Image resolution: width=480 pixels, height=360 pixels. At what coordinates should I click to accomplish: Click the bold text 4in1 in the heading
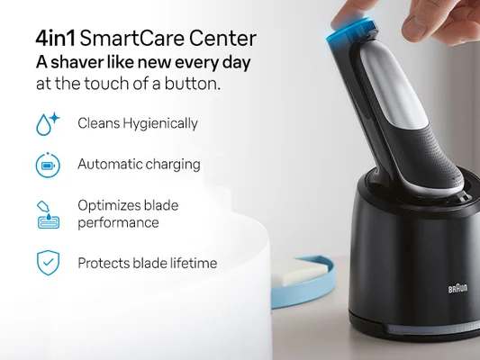[x=56, y=39]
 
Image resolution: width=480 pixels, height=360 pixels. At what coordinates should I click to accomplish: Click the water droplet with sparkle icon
[x=47, y=123]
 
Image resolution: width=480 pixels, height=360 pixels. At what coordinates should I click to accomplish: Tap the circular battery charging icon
[x=47, y=166]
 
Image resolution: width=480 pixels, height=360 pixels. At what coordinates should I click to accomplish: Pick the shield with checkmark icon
[x=47, y=263]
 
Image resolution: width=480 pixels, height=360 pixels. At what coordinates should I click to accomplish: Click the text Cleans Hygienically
[x=138, y=123]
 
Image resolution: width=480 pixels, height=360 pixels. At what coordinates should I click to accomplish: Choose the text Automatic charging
[x=139, y=165]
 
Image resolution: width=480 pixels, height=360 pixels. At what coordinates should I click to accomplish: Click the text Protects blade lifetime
[x=148, y=263]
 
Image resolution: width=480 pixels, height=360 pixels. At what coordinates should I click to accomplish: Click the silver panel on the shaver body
[x=393, y=99]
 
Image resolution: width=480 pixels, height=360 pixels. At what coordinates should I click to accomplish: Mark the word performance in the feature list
[x=118, y=222]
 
